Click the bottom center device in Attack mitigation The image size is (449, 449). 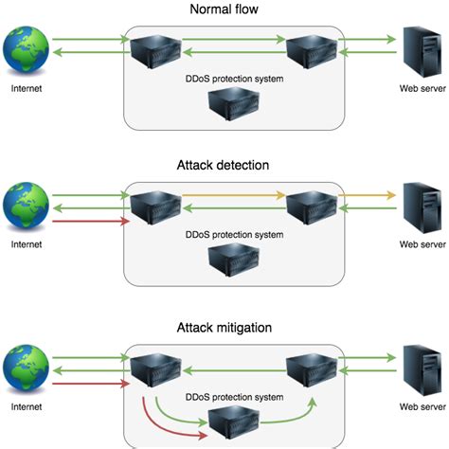[224, 419]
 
